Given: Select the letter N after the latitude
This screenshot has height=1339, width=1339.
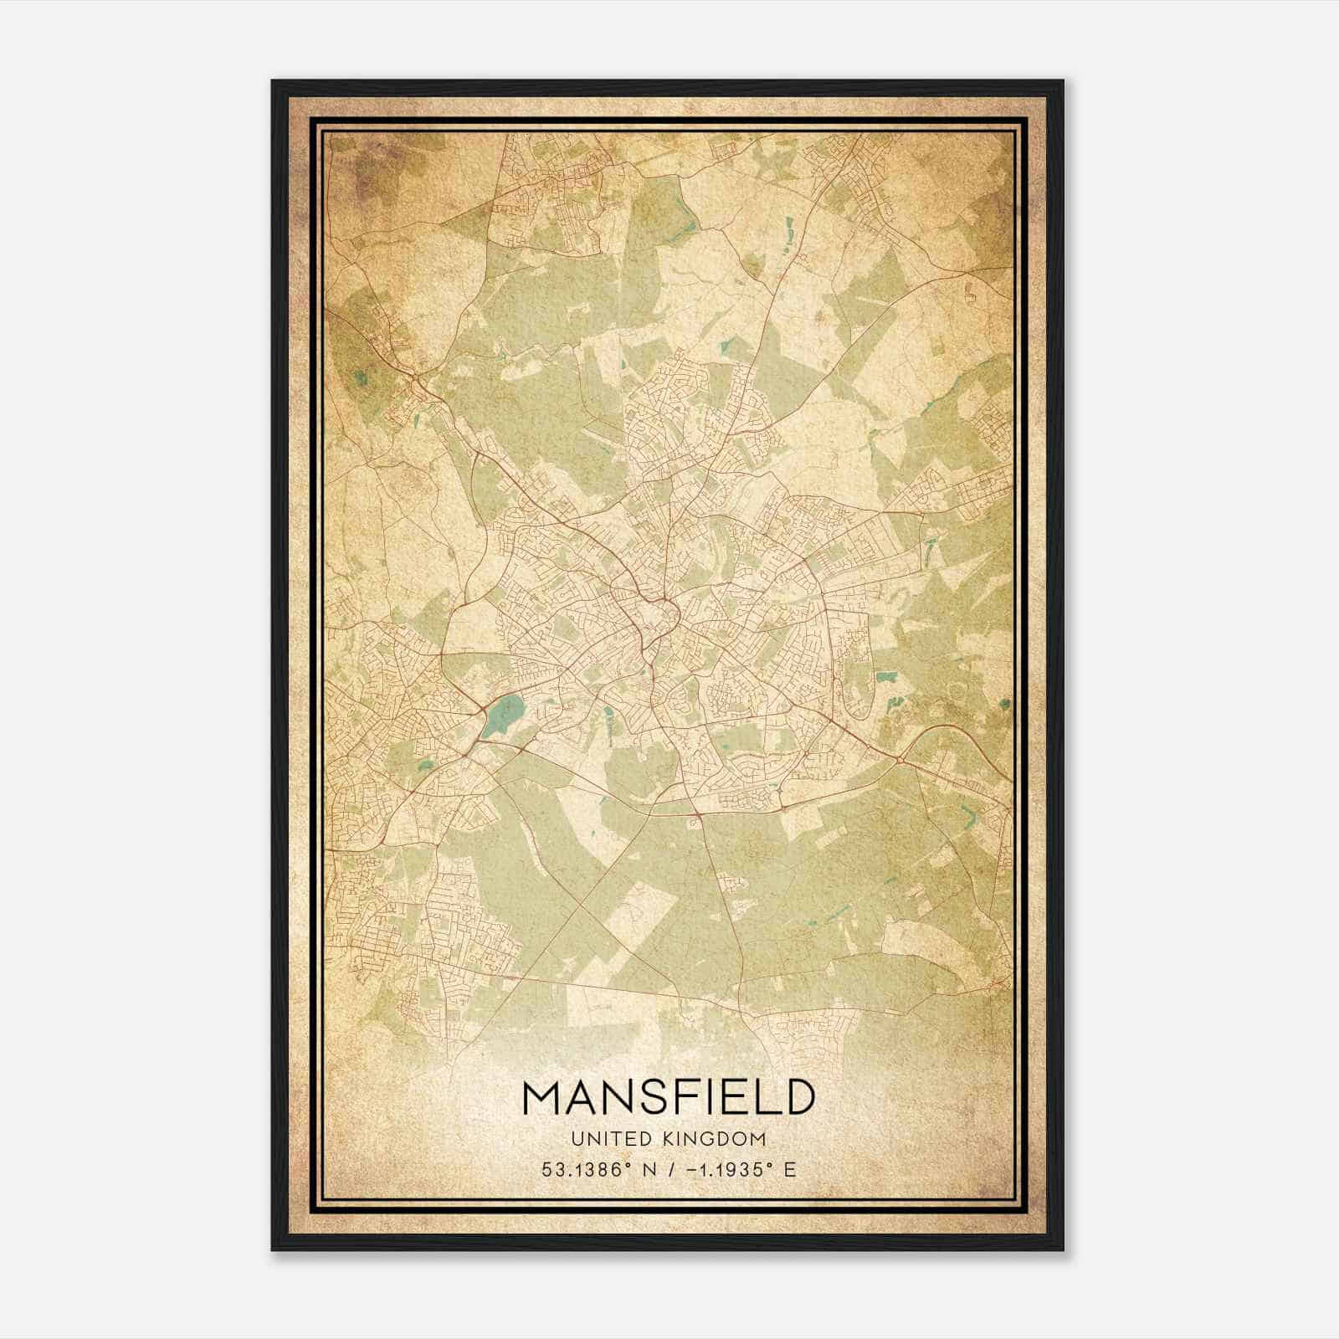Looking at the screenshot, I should [648, 1169].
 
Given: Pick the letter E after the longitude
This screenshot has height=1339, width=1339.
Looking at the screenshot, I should [790, 1169].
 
